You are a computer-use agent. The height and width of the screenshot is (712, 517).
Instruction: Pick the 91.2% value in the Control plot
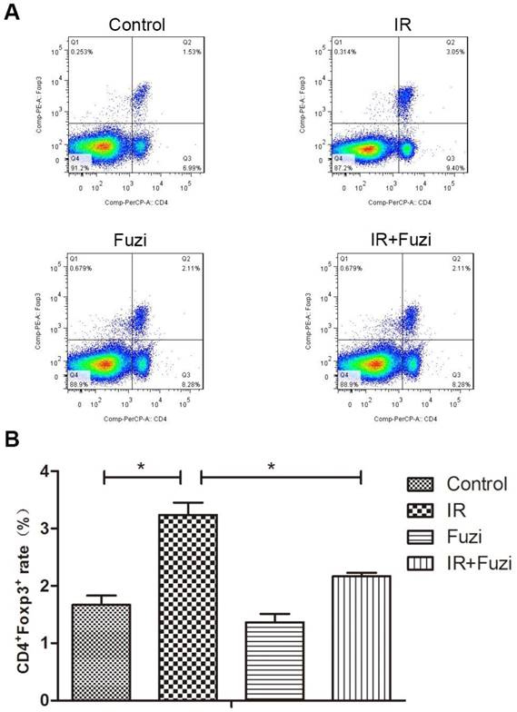pyautogui.click(x=80, y=166)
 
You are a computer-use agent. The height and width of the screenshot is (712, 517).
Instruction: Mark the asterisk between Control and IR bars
pyautogui.click(x=141, y=467)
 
